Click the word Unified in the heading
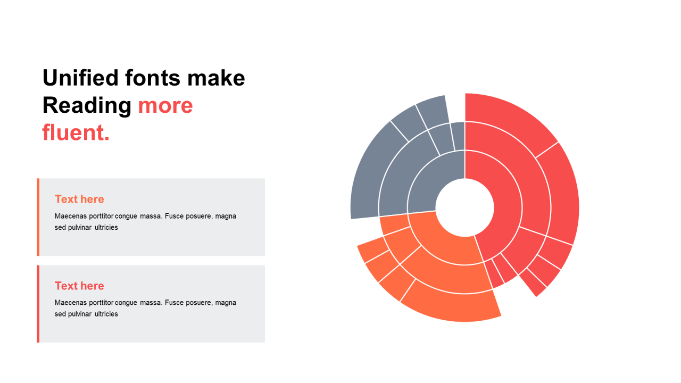80,78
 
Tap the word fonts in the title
153,78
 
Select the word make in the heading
216,78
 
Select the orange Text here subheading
79,199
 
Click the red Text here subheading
79,286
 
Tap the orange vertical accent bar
38,217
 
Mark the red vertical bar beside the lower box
38,304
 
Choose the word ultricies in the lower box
106,314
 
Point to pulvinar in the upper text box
80,228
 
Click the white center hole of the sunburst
464,207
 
